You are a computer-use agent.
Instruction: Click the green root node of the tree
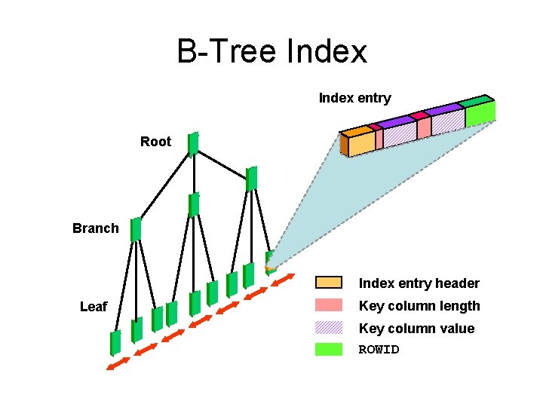click(193, 143)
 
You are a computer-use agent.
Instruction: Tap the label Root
click(155, 142)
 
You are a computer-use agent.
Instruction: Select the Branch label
click(95, 228)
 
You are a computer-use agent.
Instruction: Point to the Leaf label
click(94, 307)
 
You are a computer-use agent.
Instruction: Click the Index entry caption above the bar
click(354, 98)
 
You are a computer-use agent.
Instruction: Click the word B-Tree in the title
click(227, 52)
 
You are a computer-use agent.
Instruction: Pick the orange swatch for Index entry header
click(328, 283)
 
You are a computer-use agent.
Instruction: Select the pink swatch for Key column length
click(328, 305)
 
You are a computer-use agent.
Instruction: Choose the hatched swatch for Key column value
click(328, 328)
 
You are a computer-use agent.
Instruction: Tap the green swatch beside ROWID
click(328, 349)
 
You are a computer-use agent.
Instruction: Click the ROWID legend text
click(379, 350)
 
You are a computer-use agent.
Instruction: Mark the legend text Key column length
click(419, 306)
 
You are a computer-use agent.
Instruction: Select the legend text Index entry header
click(419, 283)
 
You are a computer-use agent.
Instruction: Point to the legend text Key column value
click(416, 329)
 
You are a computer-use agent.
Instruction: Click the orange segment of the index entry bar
click(360, 143)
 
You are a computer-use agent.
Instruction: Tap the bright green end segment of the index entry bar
click(480, 112)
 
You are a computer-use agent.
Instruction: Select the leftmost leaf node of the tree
click(115, 342)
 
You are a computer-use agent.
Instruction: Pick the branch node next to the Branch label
click(136, 229)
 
